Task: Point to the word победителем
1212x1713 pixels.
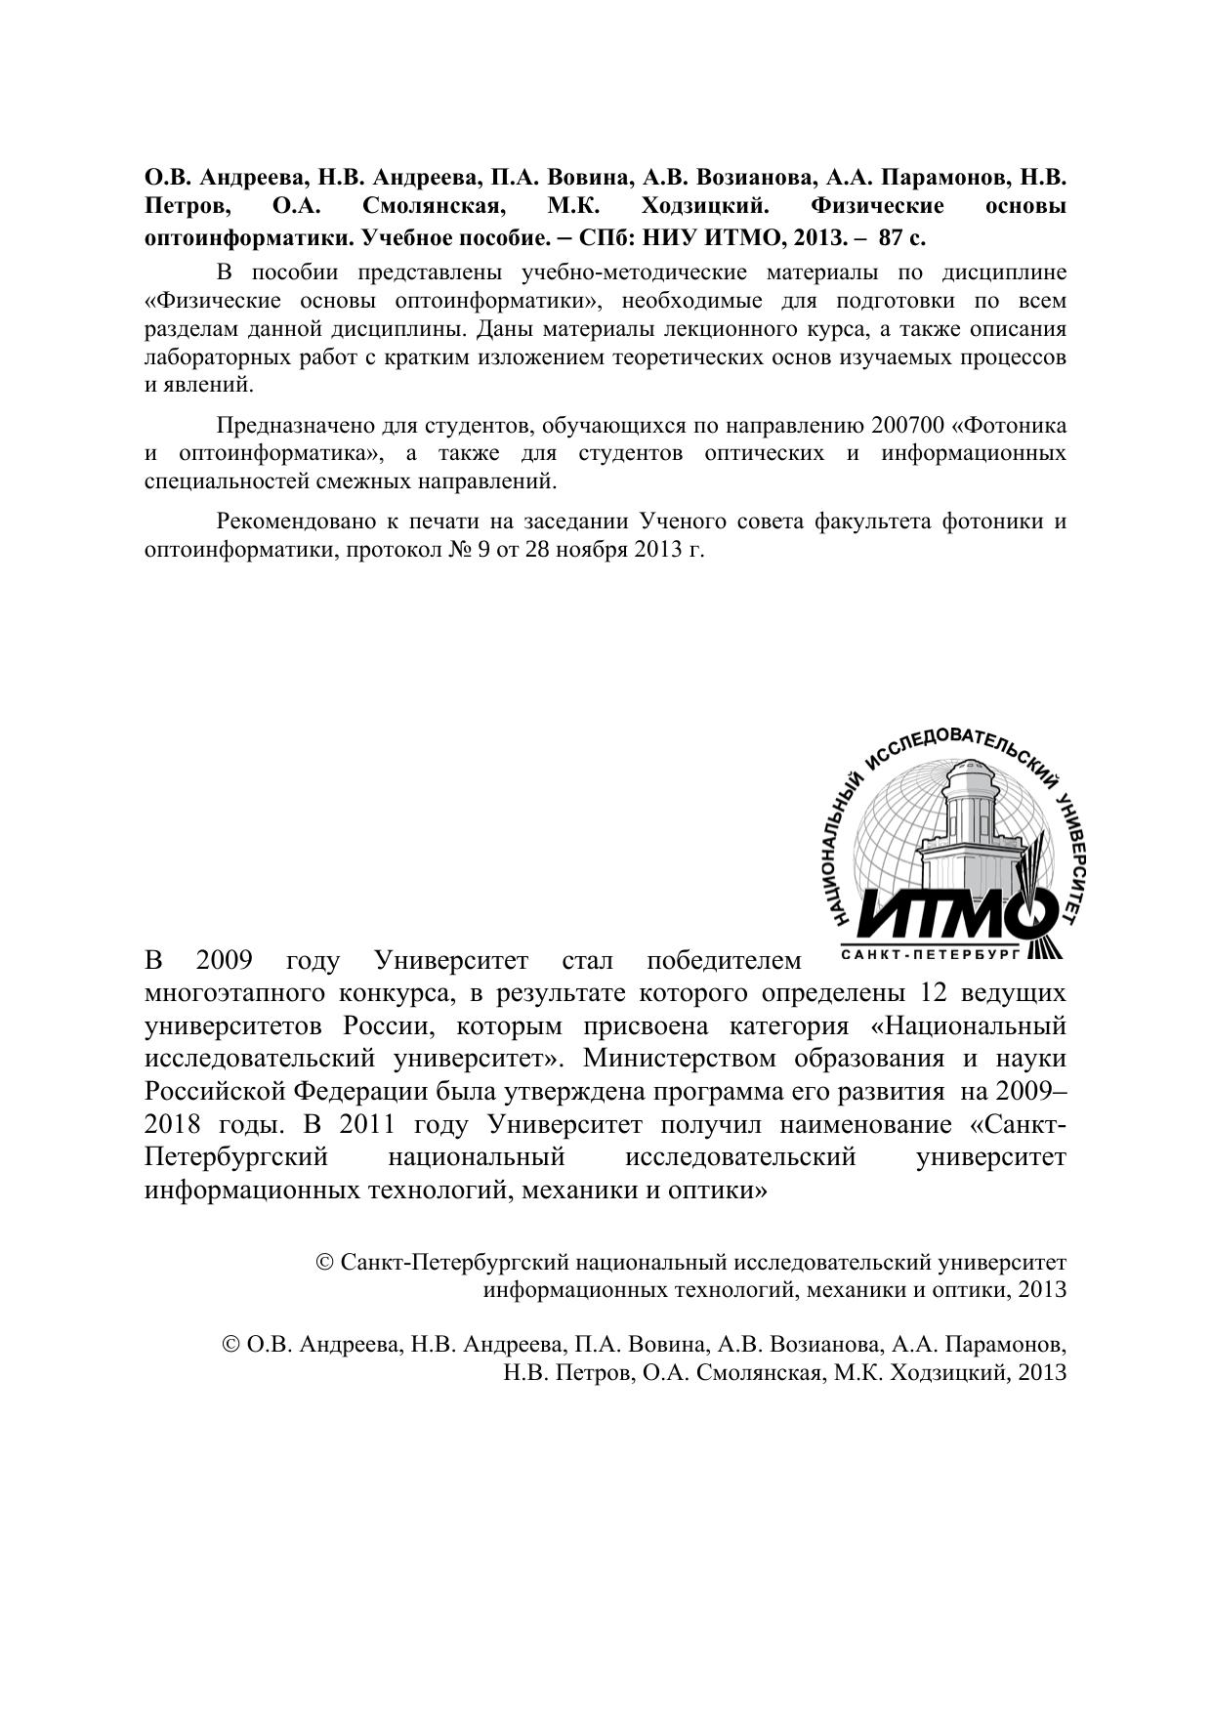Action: tap(724, 961)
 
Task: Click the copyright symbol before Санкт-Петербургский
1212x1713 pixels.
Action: tap(326, 1264)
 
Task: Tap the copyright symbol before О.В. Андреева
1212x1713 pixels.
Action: tap(232, 1345)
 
